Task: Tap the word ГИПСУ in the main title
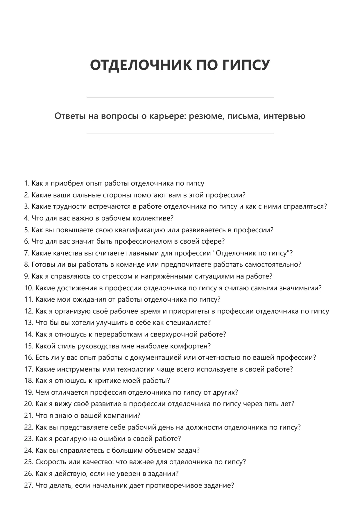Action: coord(246,65)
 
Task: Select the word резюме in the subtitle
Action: coord(206,116)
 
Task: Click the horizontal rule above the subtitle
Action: coord(180,97)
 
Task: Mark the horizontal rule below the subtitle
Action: coord(180,133)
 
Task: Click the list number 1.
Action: coord(26,184)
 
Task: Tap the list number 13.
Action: coord(28,323)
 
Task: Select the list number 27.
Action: coord(28,485)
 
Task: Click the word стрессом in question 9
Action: coord(117,276)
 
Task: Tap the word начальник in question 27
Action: coord(109,485)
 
